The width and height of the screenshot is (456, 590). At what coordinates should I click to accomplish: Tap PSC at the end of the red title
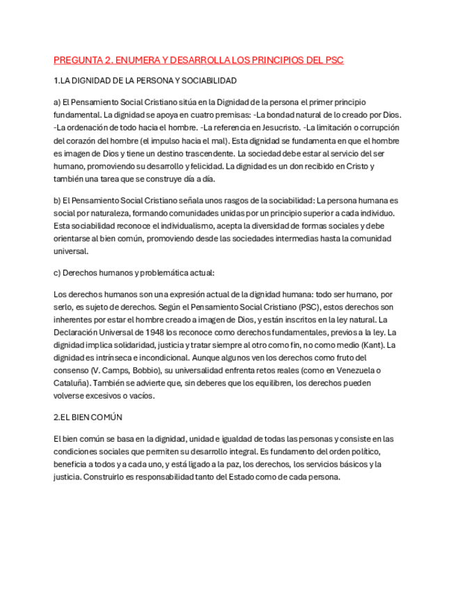click(x=334, y=61)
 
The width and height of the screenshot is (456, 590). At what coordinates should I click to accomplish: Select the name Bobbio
click(x=151, y=370)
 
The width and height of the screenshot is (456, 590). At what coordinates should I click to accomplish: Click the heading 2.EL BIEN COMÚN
click(x=88, y=417)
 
